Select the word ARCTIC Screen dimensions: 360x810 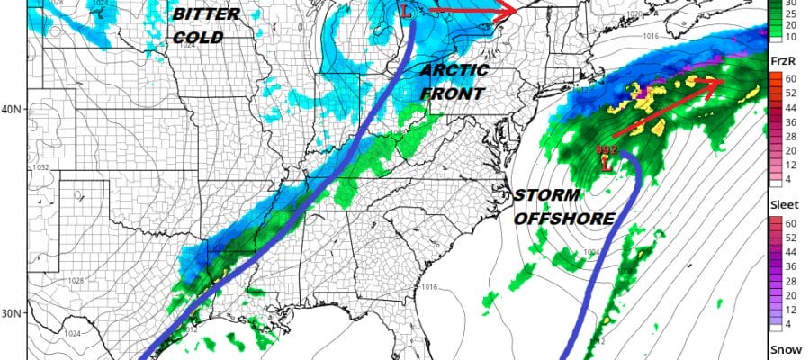tap(454, 70)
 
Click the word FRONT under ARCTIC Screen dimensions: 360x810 tap(454, 94)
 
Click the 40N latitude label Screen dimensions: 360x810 tap(12, 110)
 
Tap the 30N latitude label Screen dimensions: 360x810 tap(12, 314)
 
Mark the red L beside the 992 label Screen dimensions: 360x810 tap(606, 166)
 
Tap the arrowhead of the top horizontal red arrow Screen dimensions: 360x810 tap(508, 11)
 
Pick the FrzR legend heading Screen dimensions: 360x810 tap(783, 60)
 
